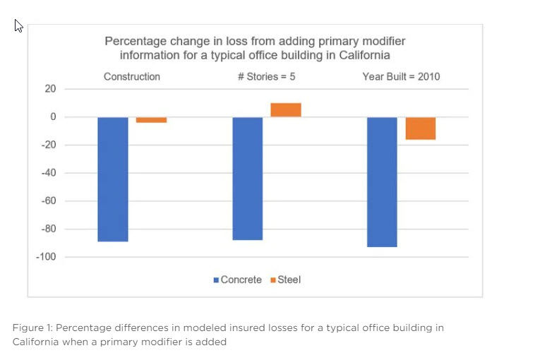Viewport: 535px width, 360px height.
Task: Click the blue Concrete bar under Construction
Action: tap(113, 179)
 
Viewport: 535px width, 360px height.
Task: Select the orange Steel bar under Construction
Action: tap(152, 120)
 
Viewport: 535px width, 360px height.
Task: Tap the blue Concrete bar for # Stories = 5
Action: tap(248, 179)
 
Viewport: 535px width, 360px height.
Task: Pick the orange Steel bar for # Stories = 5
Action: tap(286, 110)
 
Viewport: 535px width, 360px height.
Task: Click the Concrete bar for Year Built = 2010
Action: tap(382, 182)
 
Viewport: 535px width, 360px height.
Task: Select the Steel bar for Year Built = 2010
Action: tap(421, 128)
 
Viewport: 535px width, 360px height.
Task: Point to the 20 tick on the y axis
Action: tap(50, 89)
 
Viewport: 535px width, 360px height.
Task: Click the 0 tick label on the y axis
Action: tap(53, 116)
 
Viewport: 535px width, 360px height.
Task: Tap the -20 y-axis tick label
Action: tap(49, 145)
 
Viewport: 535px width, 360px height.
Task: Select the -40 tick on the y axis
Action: tap(49, 173)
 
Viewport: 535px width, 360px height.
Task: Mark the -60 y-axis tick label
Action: tap(49, 200)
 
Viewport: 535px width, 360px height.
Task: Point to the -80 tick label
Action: tap(49, 229)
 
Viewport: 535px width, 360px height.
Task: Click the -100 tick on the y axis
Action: tap(46, 257)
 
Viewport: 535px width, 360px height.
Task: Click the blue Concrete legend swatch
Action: tap(216, 280)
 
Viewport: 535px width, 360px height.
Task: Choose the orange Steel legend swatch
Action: tap(273, 280)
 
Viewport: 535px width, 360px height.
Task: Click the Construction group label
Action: tap(132, 76)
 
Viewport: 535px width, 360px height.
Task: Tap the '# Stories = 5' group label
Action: tap(267, 76)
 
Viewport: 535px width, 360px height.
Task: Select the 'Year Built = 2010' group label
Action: tap(401, 76)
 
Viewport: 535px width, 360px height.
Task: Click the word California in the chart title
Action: tap(364, 55)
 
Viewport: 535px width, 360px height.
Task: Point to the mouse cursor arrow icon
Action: tap(18, 25)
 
